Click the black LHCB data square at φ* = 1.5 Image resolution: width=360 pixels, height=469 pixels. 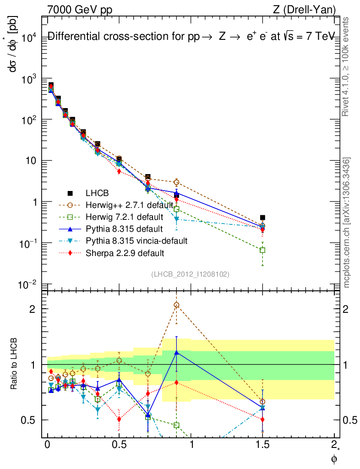point(262,218)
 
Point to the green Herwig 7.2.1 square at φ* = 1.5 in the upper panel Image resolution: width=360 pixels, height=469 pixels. point(262,250)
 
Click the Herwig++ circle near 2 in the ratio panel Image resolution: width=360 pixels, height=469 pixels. point(176,305)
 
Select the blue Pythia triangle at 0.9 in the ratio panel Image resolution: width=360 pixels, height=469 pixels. point(176,353)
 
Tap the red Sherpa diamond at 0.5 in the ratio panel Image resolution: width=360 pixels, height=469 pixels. point(119,419)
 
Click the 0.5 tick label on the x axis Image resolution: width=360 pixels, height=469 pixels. point(119,445)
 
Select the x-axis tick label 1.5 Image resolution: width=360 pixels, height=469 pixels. point(262,445)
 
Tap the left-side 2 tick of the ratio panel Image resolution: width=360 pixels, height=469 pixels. point(33,309)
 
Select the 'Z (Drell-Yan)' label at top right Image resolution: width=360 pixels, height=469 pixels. point(310,9)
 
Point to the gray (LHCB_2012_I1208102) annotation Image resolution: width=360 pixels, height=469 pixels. point(190,274)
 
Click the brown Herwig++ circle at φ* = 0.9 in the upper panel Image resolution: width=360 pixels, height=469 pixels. point(176,182)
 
